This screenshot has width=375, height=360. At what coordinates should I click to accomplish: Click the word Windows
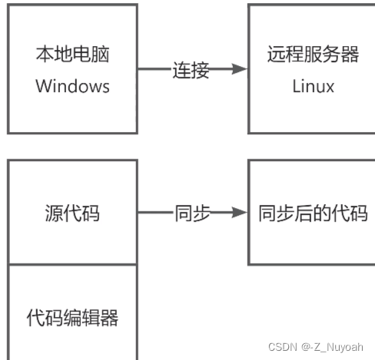tap(72, 85)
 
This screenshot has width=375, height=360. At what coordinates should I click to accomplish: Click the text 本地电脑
tap(72, 54)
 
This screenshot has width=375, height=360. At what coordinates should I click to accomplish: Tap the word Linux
tap(314, 85)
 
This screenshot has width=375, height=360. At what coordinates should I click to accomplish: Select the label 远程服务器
tap(314, 54)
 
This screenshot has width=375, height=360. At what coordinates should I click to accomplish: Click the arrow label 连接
tap(191, 70)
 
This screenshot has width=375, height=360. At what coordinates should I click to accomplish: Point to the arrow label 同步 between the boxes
tap(191, 213)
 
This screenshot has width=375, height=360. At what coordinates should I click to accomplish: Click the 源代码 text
tap(72, 213)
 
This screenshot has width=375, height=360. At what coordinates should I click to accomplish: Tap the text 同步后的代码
tap(313, 213)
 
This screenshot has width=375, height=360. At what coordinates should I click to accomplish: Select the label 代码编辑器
tap(72, 317)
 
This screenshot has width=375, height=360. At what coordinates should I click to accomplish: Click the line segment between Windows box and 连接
tap(154, 70)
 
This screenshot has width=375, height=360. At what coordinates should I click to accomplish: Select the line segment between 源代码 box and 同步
tap(154, 213)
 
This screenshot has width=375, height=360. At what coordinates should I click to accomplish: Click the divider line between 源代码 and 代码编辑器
tap(72, 265)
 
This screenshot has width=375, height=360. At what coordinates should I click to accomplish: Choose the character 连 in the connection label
tap(181, 70)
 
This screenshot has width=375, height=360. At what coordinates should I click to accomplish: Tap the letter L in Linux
tap(296, 85)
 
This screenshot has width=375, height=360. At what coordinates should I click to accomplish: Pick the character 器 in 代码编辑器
tap(110, 317)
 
